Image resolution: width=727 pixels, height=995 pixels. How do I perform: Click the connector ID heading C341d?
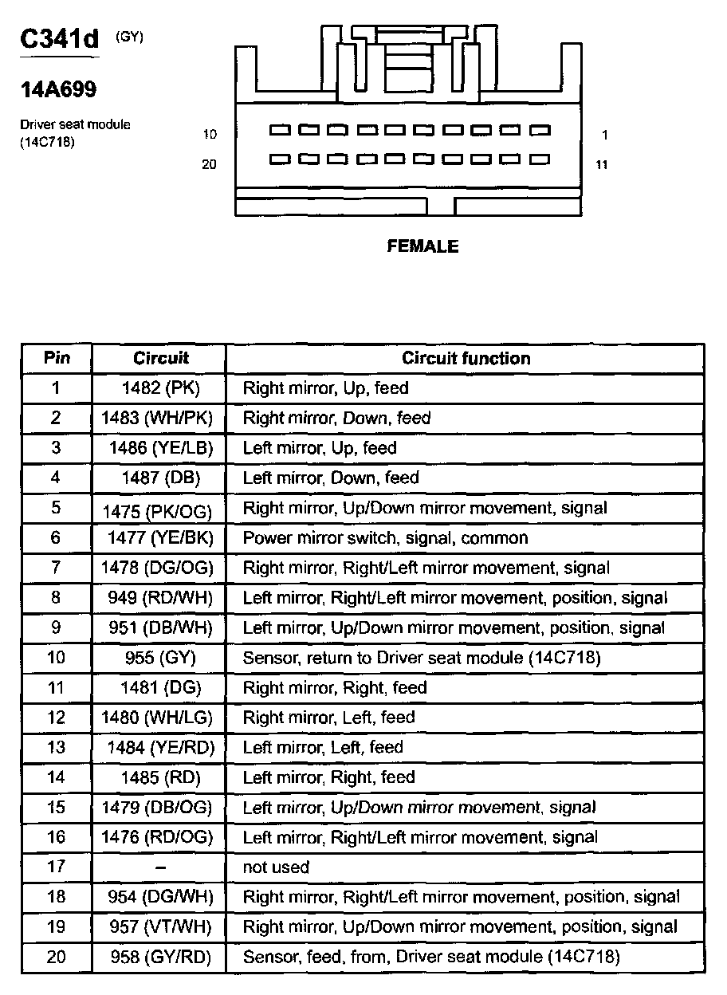59,40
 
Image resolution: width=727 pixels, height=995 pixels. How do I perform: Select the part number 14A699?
58,90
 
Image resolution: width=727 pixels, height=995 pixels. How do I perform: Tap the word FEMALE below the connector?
422,246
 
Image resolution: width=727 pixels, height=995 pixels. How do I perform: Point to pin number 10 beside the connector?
210,135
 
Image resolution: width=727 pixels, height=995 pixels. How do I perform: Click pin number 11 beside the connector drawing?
602,165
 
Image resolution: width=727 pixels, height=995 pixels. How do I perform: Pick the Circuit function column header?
466,358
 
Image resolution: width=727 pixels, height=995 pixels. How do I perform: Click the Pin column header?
56,358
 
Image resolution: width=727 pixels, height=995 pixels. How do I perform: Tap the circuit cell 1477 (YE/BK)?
160,538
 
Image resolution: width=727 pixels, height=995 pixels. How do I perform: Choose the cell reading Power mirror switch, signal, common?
385,538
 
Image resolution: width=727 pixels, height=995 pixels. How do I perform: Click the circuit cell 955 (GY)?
160,658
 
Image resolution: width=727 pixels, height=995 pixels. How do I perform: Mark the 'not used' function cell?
276,867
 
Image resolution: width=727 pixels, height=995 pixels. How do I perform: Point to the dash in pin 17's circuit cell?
160,867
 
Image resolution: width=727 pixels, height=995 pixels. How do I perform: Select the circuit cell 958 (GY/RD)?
160,957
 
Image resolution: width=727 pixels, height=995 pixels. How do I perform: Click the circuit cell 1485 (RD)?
160,777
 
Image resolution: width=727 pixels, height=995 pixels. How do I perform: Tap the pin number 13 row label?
56,748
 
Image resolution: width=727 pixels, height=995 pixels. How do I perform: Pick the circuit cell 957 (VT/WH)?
160,927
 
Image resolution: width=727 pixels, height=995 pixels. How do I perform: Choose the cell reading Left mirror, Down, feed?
331,478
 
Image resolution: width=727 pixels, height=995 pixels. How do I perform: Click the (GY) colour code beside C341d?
130,36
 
